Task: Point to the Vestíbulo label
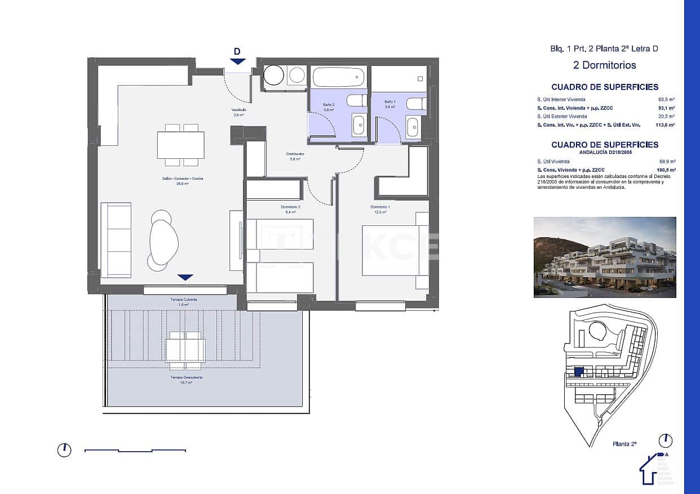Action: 238,110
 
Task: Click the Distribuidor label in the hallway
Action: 295,154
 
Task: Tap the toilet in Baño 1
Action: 416,104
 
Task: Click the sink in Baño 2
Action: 358,125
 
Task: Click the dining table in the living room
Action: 181,145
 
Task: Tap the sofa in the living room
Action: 116,239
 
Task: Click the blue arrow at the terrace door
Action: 185,277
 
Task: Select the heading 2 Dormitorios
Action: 604,65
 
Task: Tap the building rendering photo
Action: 605,257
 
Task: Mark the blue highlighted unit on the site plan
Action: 578,372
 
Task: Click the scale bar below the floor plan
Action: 135,451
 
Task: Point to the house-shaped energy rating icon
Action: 654,469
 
